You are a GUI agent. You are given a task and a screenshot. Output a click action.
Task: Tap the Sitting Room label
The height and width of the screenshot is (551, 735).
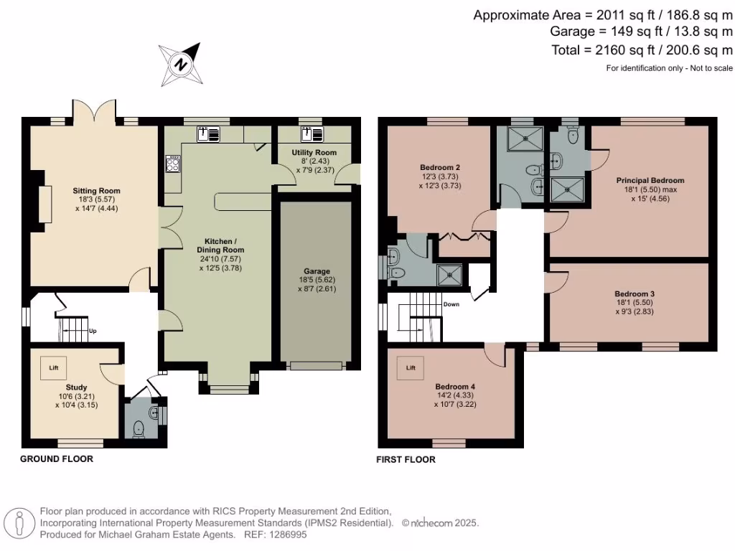(97, 191)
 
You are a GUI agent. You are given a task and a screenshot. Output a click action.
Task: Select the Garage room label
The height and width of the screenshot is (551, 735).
(317, 270)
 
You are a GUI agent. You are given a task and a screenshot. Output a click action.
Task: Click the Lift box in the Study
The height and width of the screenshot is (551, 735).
(53, 368)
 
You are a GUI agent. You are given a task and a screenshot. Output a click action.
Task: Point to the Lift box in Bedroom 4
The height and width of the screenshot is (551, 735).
(411, 368)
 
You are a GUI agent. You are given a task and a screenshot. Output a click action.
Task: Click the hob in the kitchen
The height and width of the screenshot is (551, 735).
(172, 164)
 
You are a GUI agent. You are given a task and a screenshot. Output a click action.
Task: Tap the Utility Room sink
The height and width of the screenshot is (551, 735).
(312, 134)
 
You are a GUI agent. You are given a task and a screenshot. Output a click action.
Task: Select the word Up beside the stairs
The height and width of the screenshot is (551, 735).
(93, 331)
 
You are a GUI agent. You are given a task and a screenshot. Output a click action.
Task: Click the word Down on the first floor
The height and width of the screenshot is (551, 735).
(451, 304)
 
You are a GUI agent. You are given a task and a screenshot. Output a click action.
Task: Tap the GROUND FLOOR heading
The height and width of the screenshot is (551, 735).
(57, 458)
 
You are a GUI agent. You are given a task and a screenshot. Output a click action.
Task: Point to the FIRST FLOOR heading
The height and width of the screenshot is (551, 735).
(406, 460)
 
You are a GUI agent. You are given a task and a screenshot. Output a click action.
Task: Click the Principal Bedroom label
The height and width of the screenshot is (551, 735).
(650, 180)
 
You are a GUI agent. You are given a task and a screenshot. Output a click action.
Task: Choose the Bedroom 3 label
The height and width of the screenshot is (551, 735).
(635, 293)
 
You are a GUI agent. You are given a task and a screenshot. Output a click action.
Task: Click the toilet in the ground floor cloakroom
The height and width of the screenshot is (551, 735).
(139, 430)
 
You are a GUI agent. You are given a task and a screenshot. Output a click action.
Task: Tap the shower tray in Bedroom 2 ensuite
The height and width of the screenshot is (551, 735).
(449, 275)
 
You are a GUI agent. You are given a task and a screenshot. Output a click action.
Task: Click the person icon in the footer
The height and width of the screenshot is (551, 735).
(19, 523)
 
